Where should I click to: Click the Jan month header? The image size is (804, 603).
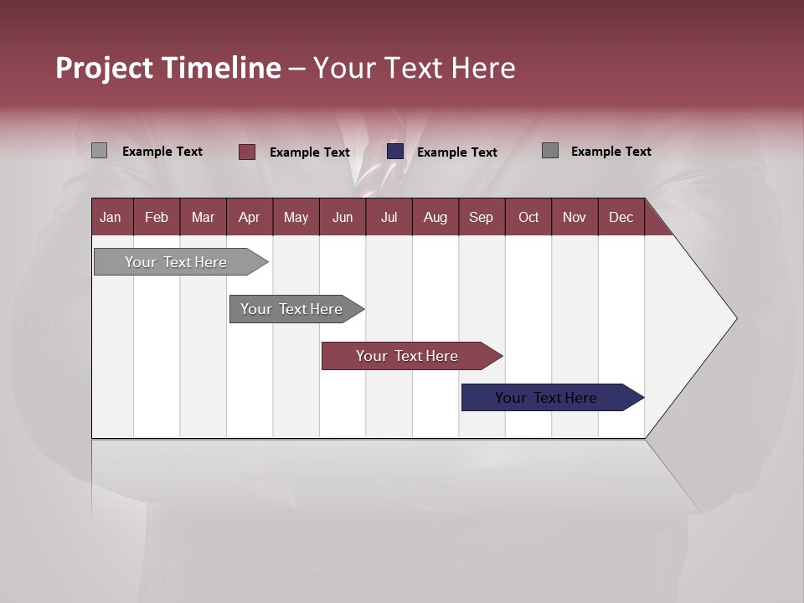111,217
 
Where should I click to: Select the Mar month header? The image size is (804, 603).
203,217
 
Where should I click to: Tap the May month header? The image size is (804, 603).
296,217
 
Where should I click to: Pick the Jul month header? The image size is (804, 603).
389,217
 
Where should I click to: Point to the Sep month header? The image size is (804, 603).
481,217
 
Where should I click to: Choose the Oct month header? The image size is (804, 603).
528,217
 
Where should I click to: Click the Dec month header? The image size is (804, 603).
621,217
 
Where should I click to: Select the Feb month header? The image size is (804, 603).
157,217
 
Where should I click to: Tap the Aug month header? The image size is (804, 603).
435,217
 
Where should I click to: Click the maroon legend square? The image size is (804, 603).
247,152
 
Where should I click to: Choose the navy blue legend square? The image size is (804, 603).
395,152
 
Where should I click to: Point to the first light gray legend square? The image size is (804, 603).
100,151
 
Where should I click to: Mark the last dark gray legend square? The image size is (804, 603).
550,151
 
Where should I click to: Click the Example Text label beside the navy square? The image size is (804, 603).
456,152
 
